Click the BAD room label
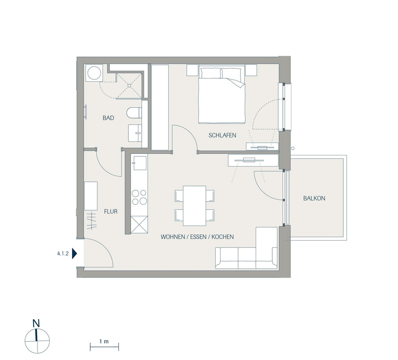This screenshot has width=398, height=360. coord(108,118)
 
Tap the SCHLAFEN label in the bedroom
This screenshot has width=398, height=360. coord(222,135)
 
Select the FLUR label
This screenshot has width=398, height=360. coord(111,211)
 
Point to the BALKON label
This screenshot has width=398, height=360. coord(314,198)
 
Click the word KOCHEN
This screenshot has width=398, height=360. coord(223,237)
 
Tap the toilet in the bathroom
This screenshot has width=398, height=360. coord(134,112)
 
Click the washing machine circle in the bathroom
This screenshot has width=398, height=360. coord(95,73)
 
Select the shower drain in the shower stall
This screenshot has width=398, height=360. coord(129,86)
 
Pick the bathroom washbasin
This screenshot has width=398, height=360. coord(135,133)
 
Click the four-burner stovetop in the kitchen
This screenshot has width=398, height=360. coord(139,197)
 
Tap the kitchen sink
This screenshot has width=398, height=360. coord(140,163)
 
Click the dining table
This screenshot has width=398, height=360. coord(194,206)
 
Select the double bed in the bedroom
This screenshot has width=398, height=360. coord(222,96)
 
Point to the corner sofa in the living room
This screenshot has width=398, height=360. coord(246,248)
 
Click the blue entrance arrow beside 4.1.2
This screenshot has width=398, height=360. coord(74,253)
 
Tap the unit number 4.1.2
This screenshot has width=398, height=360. coord(63,253)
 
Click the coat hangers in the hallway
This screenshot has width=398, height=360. coord(92,221)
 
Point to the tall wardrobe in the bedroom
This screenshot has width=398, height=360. coord(160,107)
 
